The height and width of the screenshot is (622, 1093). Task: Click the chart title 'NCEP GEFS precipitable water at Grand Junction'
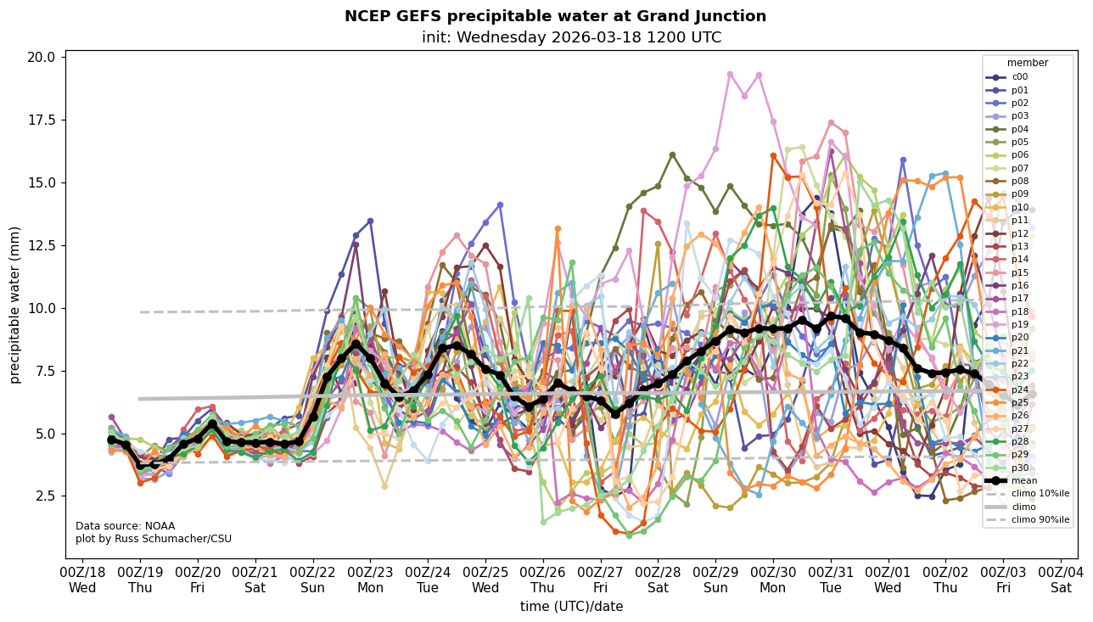tap(555, 16)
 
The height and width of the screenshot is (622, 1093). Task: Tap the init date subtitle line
tap(571, 37)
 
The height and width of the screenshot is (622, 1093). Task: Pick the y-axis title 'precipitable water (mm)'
tap(15, 305)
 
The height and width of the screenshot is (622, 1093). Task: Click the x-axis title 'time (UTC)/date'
tap(571, 607)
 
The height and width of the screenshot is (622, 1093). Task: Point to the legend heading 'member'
tap(1028, 63)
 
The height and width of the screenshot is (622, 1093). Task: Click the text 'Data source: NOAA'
tap(125, 526)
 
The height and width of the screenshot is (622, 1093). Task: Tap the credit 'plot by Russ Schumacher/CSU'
tap(154, 539)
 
